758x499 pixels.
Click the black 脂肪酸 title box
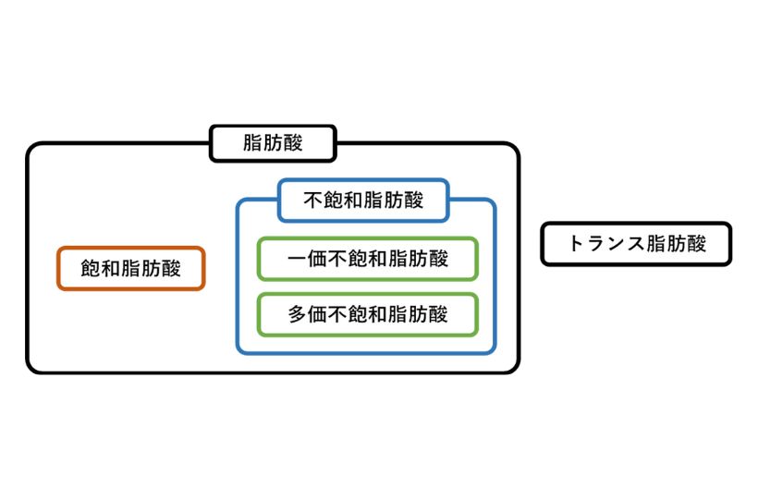(273, 143)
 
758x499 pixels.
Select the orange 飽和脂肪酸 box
(130, 269)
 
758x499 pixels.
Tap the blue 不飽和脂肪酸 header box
(363, 201)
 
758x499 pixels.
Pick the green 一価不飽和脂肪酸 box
(367, 259)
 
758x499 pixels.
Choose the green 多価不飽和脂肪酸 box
(367, 314)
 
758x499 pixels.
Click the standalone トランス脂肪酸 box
(636, 244)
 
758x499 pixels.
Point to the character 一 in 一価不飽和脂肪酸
(297, 259)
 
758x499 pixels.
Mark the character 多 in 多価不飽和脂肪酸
(297, 314)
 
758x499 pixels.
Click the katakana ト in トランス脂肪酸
(575, 244)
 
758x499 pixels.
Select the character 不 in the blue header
(312, 201)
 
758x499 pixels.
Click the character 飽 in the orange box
(91, 269)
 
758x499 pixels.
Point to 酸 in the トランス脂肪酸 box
(696, 244)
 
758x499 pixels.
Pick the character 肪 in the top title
(273, 143)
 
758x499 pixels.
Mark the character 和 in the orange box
(111, 269)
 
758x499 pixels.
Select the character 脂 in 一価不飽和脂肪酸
(397, 259)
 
